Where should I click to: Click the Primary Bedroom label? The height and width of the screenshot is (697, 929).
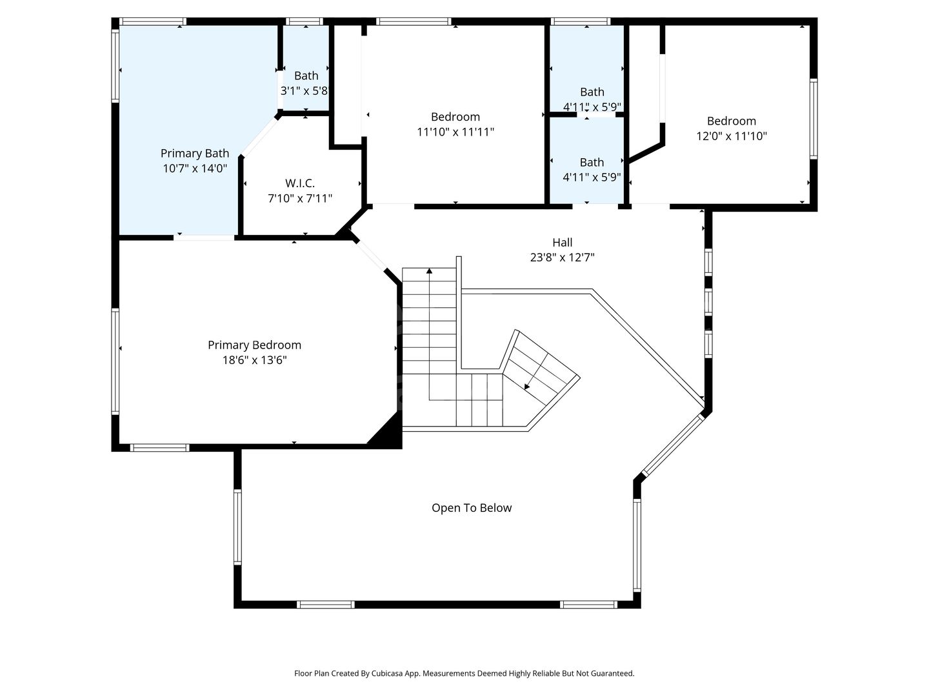(x=254, y=345)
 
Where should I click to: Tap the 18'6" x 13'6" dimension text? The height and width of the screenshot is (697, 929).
(x=254, y=360)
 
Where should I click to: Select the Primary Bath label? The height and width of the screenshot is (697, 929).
(x=195, y=154)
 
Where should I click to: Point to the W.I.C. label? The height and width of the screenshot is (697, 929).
(x=299, y=183)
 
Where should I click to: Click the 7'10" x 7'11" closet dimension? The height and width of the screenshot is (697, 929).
(x=299, y=199)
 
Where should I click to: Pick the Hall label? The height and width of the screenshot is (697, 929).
(x=562, y=243)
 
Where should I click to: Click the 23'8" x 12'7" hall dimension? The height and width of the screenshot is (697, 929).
(x=562, y=258)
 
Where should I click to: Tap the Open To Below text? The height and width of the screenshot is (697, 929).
(x=472, y=508)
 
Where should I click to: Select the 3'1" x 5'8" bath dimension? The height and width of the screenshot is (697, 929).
(x=305, y=91)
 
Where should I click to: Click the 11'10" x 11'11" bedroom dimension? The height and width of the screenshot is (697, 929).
(x=455, y=132)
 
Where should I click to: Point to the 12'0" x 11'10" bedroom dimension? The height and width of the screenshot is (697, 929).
(x=732, y=136)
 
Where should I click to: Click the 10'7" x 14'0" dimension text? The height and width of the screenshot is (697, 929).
(x=195, y=168)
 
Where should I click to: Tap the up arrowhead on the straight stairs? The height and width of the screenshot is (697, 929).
(x=429, y=270)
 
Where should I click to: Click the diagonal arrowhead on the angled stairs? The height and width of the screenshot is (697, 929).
(x=527, y=387)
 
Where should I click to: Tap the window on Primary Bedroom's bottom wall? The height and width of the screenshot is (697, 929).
(x=159, y=448)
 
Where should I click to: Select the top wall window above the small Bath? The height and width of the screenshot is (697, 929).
(x=305, y=21)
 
